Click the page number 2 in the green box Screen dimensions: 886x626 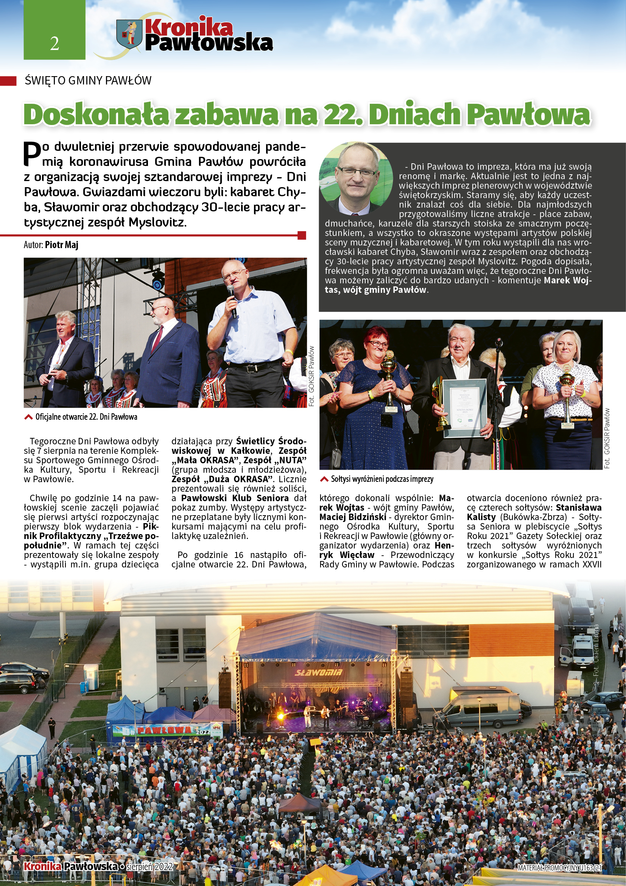55,43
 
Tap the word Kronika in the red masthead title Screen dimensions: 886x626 188,27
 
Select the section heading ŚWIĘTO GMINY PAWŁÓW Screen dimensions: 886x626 88,80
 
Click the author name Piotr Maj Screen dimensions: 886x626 62,245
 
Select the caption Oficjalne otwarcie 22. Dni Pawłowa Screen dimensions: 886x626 86,417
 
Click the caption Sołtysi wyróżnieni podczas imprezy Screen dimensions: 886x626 382,479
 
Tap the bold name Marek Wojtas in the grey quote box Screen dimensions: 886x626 567,281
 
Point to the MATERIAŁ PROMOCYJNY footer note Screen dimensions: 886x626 559,868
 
